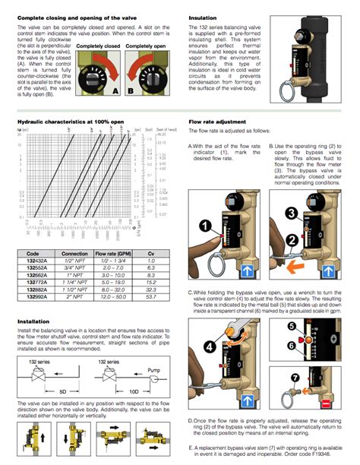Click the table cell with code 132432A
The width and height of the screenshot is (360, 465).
[37, 259]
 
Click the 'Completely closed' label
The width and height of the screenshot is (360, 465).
[98, 47]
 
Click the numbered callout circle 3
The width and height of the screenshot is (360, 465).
[292, 210]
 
